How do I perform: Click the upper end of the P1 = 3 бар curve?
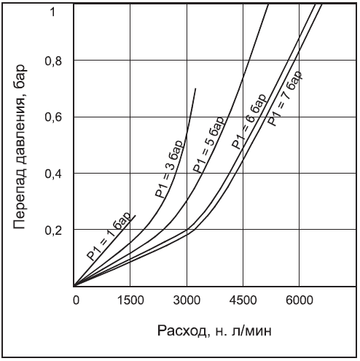[196, 88]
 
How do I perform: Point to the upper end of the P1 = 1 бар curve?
[136, 215]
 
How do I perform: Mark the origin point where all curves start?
[74, 286]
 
